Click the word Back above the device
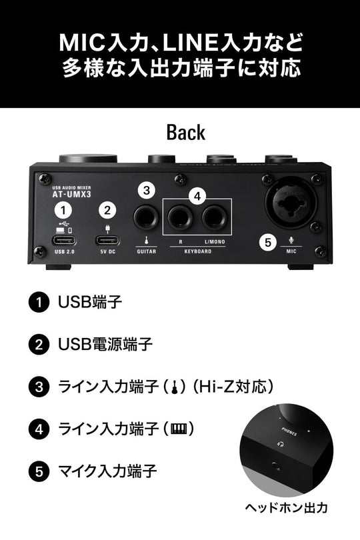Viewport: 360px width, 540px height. click(x=186, y=132)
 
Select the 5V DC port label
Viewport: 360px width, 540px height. click(x=107, y=252)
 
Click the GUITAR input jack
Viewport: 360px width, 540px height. click(x=146, y=216)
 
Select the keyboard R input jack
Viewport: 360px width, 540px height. click(x=181, y=216)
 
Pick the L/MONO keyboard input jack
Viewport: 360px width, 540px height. click(x=215, y=216)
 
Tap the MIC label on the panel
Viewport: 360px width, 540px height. click(x=291, y=252)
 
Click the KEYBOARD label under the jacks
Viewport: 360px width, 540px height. click(x=197, y=252)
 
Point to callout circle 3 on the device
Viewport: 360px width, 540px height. click(x=147, y=189)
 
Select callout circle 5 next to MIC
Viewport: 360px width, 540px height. click(x=267, y=242)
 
